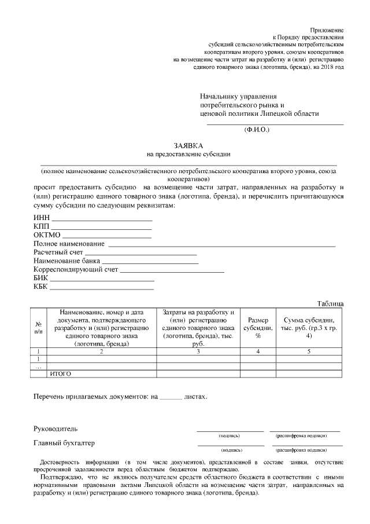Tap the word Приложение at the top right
coord(327,29)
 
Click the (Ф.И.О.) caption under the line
coord(257,130)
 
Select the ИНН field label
coord(42,217)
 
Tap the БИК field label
coord(41,278)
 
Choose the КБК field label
coord(41,287)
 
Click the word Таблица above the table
coord(330,303)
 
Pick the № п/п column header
coord(38,328)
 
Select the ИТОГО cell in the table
coord(61,374)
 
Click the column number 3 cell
coord(198,351)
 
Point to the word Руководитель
coord(55,429)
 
